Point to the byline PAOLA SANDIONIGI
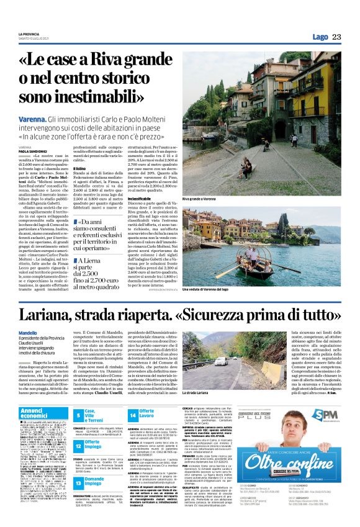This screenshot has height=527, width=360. (32, 150)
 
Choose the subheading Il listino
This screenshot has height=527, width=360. (79, 168)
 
